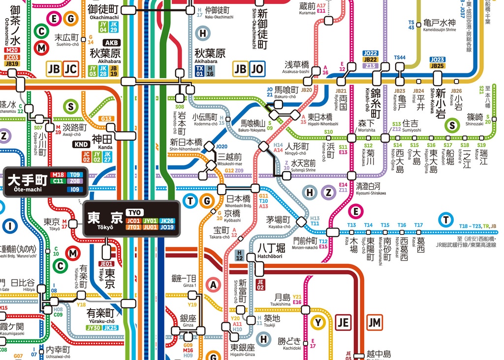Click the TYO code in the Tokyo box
point(133,212)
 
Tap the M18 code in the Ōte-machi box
point(58,175)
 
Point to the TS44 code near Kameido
point(400,58)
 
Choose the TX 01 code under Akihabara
point(199,70)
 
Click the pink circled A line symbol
point(213,284)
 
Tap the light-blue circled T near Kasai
point(446,220)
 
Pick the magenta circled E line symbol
point(355,212)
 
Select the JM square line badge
point(375,323)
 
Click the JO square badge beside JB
point(257,69)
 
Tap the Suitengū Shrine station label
point(303,163)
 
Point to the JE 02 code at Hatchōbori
point(260,284)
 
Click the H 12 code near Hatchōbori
point(240,255)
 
